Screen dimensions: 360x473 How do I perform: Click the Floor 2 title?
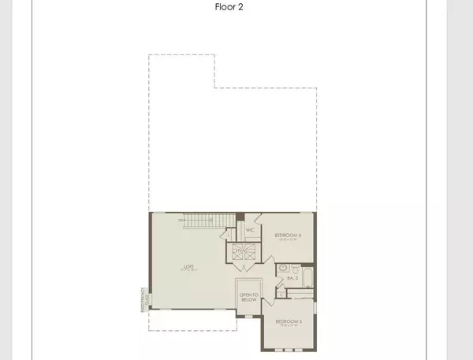[x=236, y=9]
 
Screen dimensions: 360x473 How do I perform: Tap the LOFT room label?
[x=188, y=266]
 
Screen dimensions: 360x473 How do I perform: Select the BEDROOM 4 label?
[x=289, y=235]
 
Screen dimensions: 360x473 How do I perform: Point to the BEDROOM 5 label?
[x=289, y=321]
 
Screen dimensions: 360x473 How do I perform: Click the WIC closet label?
[x=249, y=230]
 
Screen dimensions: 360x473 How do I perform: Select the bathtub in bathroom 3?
[x=307, y=277]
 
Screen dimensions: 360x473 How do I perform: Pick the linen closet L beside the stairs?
[x=228, y=233]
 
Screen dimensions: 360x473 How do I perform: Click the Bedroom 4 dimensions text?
[x=289, y=239]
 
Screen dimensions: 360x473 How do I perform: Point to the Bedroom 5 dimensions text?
[x=289, y=325]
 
